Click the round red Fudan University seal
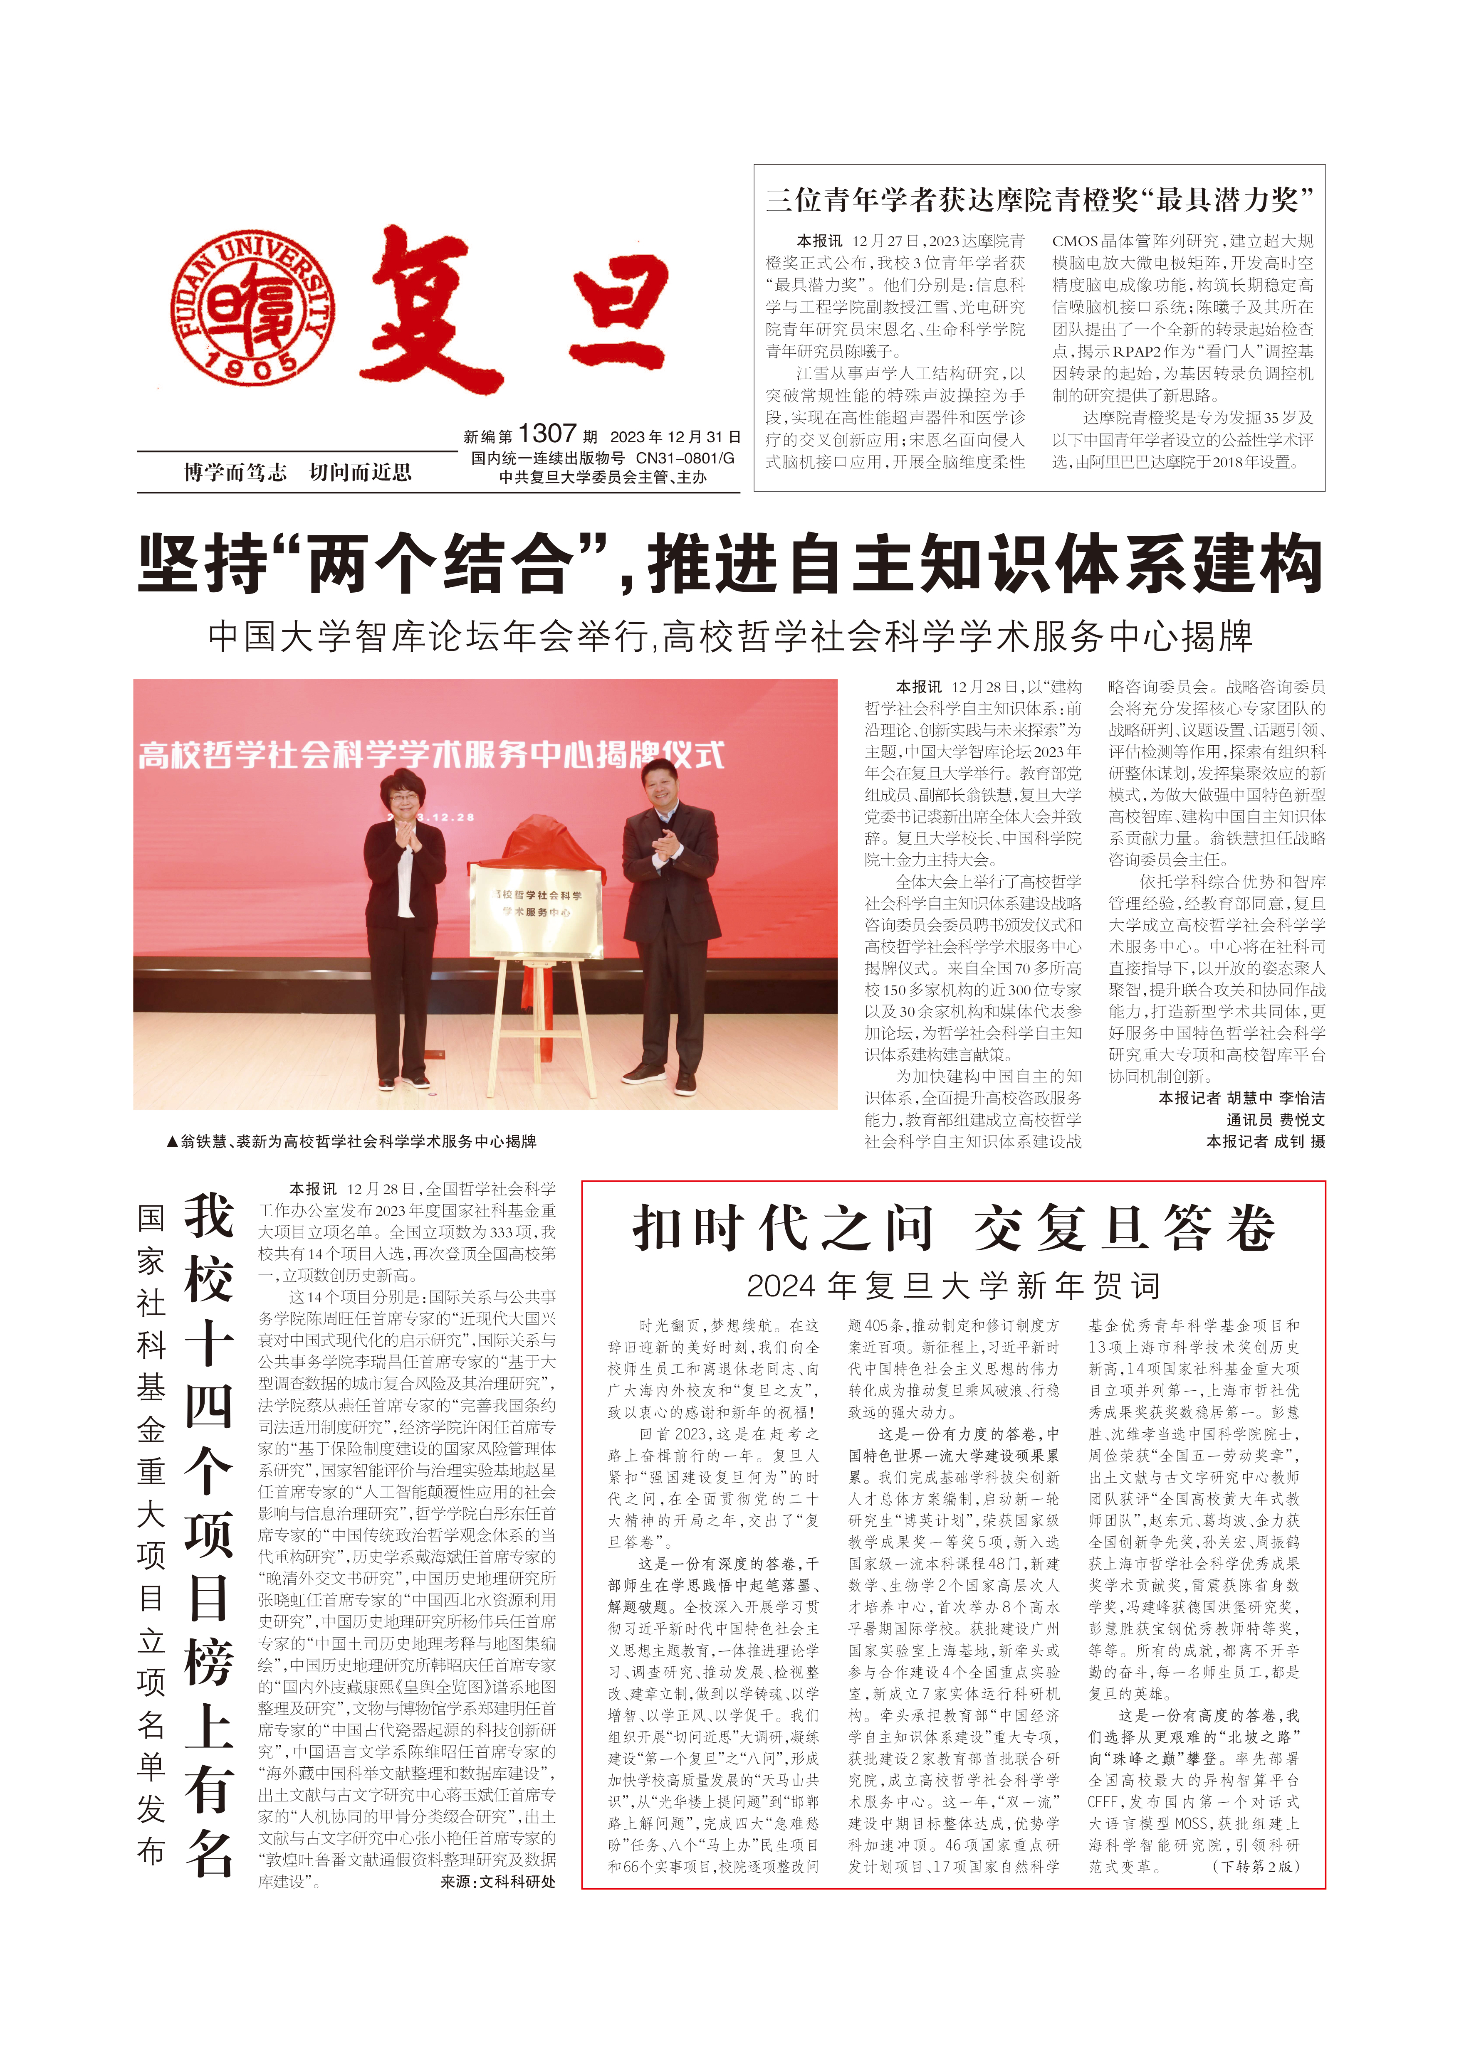click(x=253, y=306)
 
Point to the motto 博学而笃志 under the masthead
click(x=235, y=473)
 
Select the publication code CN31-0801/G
click(x=685, y=458)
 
